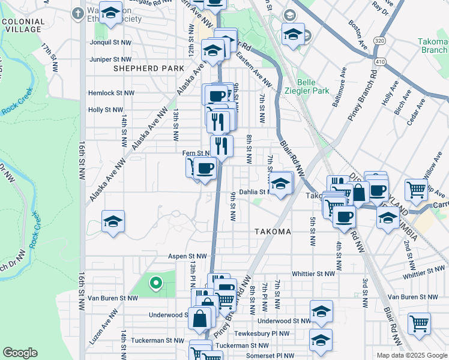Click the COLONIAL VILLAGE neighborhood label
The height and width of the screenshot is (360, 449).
click(x=23, y=25)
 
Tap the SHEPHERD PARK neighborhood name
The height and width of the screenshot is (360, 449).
click(x=148, y=68)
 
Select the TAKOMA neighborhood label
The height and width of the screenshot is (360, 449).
click(x=272, y=232)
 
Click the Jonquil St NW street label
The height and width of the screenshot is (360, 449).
click(x=109, y=43)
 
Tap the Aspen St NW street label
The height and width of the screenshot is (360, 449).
click(x=187, y=256)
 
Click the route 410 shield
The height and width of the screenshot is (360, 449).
click(x=379, y=61)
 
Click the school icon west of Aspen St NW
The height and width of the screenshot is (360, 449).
click(x=113, y=222)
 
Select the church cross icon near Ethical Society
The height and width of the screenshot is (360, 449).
click(x=77, y=13)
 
